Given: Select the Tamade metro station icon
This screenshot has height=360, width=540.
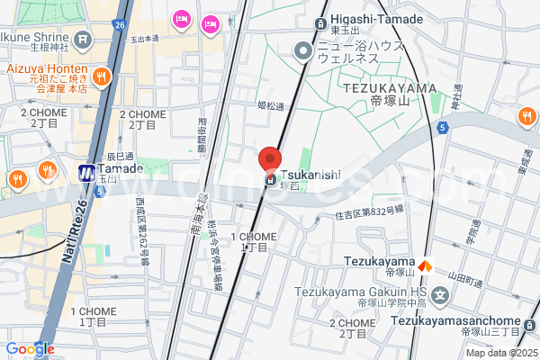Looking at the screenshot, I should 87,172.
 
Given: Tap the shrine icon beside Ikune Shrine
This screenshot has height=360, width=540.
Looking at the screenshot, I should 84,40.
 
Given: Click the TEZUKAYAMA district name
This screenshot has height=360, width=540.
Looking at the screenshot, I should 390,86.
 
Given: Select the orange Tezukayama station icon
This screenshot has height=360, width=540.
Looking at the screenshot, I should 428,265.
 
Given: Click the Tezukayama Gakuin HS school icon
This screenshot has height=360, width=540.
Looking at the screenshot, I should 440,294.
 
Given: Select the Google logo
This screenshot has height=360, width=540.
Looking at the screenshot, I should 30,348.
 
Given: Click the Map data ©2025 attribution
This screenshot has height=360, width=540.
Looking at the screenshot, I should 502,353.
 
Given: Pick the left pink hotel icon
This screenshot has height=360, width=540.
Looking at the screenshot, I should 182,17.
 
